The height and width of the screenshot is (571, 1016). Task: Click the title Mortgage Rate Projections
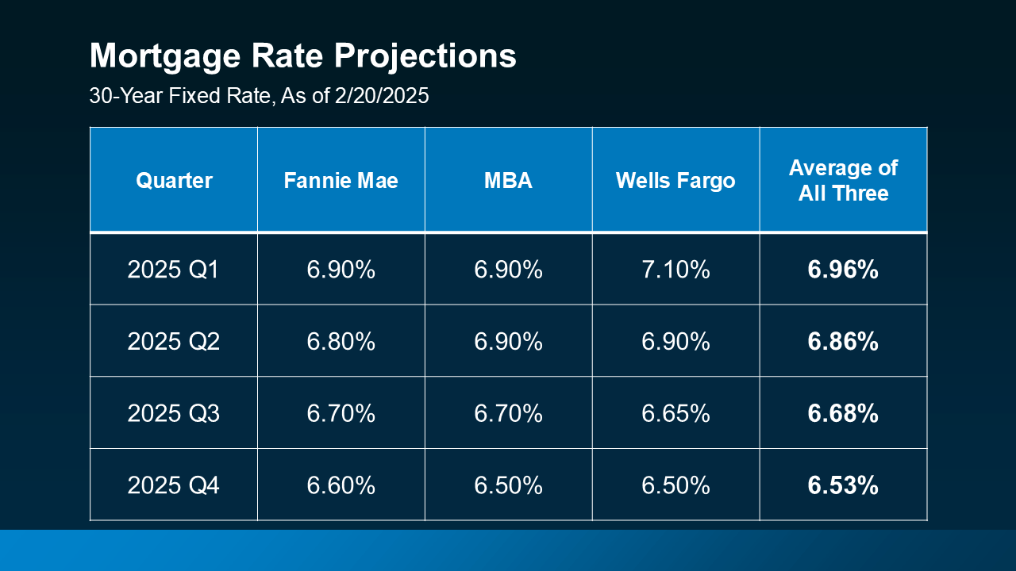302,57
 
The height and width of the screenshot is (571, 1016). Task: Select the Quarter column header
174,181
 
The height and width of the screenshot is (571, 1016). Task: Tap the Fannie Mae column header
341,181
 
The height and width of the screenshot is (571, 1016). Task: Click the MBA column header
508,181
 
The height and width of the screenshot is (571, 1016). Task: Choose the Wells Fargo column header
675,181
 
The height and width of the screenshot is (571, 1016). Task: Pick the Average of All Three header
843,181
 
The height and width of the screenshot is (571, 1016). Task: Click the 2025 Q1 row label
174,270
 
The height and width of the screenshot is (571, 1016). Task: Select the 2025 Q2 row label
174,342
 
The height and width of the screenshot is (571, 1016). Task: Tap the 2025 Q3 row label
174,413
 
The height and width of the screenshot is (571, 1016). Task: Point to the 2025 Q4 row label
174,485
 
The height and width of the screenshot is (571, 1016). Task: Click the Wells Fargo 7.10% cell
675,270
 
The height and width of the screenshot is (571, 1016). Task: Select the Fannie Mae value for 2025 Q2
341,342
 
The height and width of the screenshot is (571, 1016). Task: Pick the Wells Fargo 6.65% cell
675,413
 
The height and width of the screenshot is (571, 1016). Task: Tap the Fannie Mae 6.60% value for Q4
341,485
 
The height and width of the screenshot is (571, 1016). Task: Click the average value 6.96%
843,270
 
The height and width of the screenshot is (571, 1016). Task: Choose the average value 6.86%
843,342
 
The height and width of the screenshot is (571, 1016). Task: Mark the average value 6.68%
843,413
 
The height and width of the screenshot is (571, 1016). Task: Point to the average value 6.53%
843,485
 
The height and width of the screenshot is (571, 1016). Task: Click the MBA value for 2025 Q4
508,485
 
